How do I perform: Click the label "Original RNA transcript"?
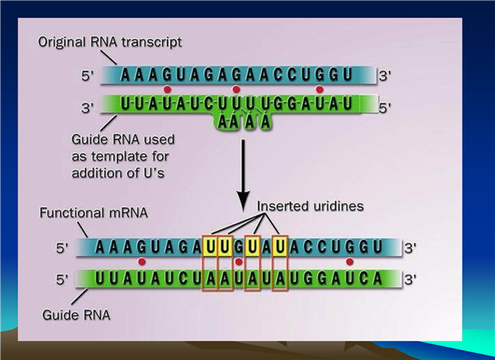(109, 42)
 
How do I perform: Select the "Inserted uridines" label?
(310, 206)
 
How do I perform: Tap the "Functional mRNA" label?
(94, 212)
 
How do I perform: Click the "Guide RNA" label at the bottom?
(76, 315)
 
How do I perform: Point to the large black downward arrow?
(244, 175)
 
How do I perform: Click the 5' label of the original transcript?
(88, 76)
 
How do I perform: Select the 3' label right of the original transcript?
(385, 76)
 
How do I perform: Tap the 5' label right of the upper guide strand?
(385, 108)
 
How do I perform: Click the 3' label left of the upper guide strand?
(88, 108)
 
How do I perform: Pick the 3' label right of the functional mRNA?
(410, 248)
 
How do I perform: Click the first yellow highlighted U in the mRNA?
(211, 247)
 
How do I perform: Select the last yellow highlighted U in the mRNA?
(280, 247)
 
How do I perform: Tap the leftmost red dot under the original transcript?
(167, 90)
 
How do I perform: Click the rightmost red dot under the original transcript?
(319, 90)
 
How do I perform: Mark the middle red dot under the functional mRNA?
(239, 262)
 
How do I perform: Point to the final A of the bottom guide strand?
(377, 279)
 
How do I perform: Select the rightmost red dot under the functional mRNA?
(349, 262)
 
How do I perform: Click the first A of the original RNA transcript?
(125, 75)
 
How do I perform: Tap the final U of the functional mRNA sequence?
(377, 247)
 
